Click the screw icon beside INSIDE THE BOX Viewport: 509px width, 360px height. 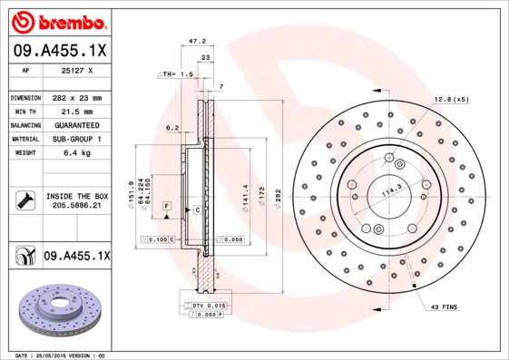pyautogui.click(x=24, y=199)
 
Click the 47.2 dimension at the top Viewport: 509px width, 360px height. pyautogui.click(x=195, y=41)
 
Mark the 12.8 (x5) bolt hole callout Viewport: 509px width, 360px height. pyautogui.click(x=450, y=98)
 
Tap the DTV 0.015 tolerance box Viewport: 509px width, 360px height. pyautogui.click(x=208, y=306)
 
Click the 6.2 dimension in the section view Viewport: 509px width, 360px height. pyautogui.click(x=171, y=128)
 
